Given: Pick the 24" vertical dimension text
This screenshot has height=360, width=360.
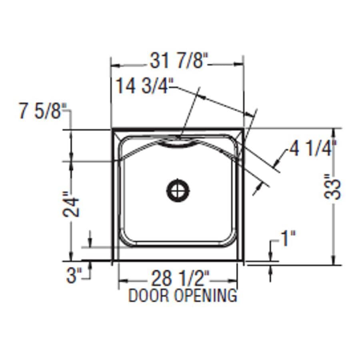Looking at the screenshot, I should [72, 206].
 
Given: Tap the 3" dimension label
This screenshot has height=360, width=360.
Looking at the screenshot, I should [74, 276].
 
